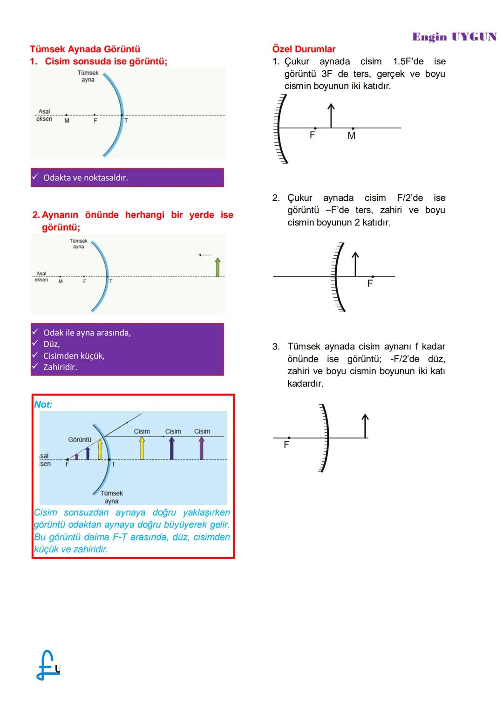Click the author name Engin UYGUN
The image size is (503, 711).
point(454,37)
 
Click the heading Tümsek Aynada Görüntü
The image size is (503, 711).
point(85,49)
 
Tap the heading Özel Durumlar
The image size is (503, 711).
point(304,49)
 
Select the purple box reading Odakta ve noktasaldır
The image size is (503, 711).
point(127,178)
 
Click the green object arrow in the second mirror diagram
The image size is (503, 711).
point(218,267)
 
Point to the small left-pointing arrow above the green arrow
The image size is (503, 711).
point(205,255)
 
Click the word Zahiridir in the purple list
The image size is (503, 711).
point(60,367)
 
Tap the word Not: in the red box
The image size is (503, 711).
point(43,404)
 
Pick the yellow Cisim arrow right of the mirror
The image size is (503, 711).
point(142,448)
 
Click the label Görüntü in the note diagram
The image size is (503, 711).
point(80,439)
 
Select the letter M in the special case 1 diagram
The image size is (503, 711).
point(352,136)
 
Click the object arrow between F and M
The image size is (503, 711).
point(331,116)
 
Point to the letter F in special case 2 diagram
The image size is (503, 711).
point(370,283)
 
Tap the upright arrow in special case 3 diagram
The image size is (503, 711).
point(365,426)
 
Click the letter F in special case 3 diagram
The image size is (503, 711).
point(286,445)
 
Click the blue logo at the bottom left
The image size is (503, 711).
point(48,665)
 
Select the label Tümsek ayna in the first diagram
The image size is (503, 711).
point(88,76)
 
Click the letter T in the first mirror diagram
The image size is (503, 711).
point(126,121)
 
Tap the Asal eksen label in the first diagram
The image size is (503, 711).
point(44,115)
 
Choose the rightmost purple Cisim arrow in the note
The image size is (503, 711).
point(202,448)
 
